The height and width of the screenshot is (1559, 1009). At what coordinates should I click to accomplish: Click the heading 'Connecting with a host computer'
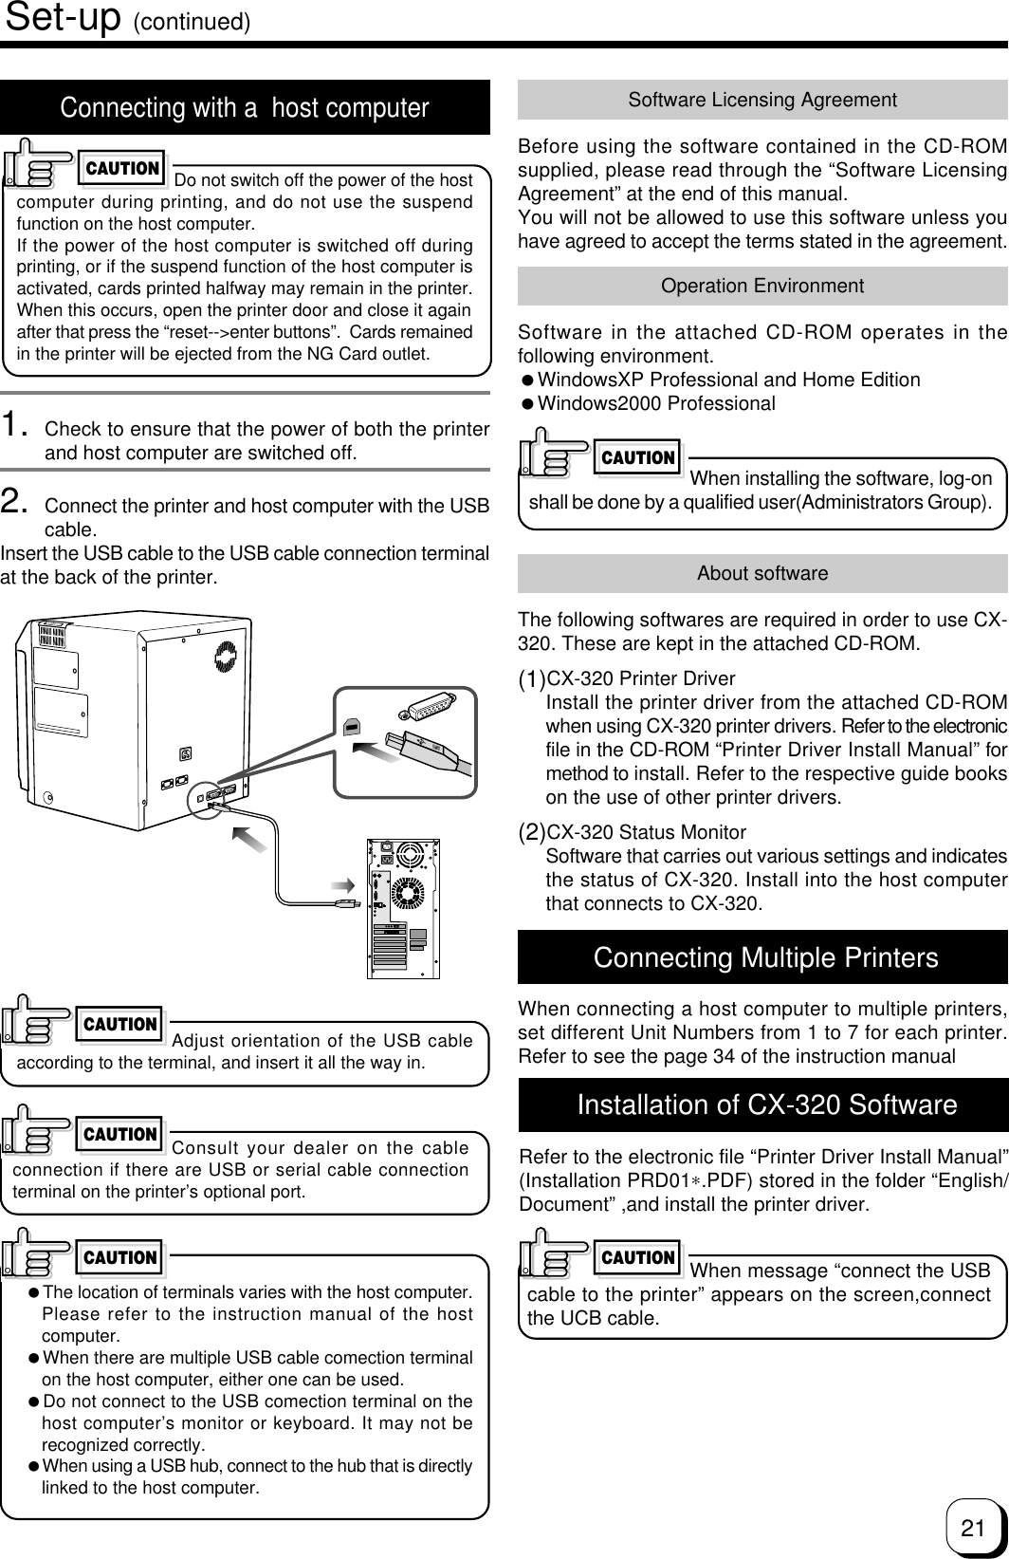pos(245,108)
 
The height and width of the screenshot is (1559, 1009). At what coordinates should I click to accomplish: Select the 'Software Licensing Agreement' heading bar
pos(762,100)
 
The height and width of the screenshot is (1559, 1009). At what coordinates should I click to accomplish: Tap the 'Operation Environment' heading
pos(762,286)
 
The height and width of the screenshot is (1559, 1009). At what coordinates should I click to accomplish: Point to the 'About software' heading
pos(762,573)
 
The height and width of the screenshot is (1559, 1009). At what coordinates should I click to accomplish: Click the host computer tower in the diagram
pos(404,906)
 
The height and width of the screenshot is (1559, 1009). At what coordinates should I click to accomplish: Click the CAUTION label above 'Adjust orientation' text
pos(120,1024)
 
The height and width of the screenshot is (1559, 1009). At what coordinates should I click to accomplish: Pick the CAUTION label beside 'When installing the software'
pos(638,457)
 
